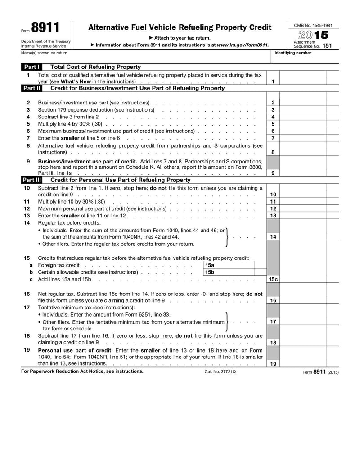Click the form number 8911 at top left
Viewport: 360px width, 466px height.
tap(45, 28)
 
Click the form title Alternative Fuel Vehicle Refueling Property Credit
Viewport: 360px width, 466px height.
tap(180, 28)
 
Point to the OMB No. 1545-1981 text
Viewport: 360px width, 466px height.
tap(313, 26)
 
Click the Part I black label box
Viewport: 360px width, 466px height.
tap(32, 67)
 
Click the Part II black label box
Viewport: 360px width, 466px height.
tap(32, 88)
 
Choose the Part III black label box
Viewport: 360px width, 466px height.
tap(32, 180)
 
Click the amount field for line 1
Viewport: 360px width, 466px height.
tap(303, 81)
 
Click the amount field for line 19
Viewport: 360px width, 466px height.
tap(303, 363)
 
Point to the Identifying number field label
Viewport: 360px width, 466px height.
tap(292, 53)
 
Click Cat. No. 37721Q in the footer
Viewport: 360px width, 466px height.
tap(220, 372)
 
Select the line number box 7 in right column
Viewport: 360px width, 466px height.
tap(273, 138)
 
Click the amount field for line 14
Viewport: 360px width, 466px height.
tap(303, 236)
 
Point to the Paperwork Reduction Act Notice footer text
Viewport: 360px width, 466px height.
tap(82, 371)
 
